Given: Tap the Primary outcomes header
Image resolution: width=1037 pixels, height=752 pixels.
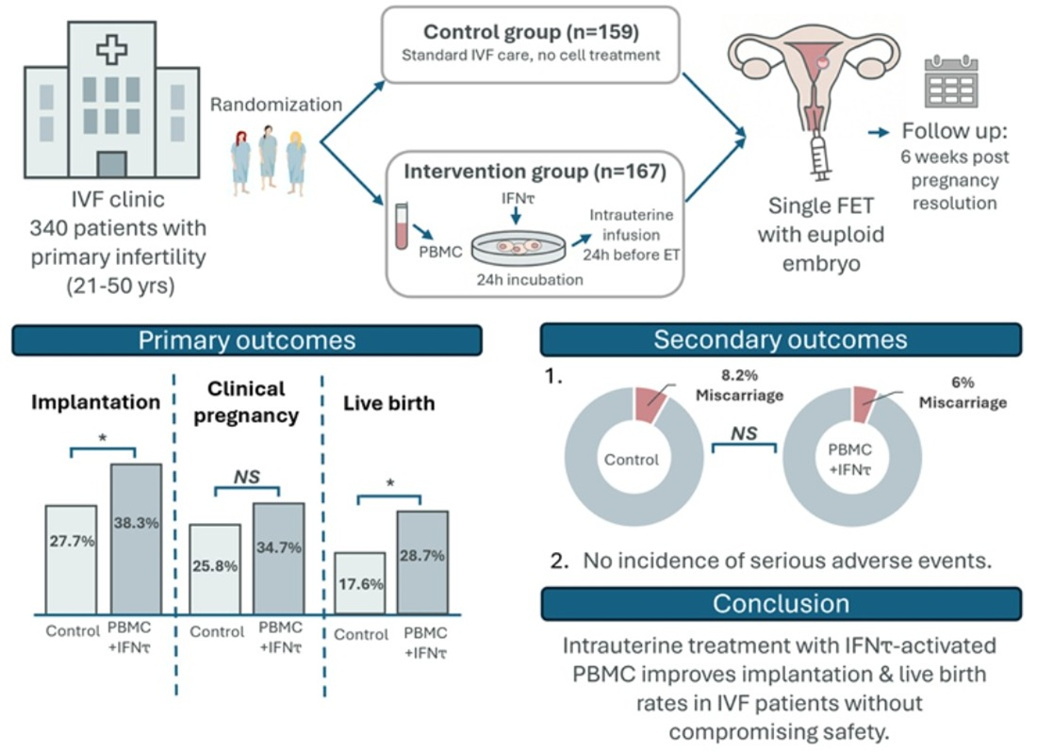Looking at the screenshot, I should pyautogui.click(x=247, y=340).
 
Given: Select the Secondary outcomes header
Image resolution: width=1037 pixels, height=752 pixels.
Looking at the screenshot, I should pyautogui.click(x=781, y=340).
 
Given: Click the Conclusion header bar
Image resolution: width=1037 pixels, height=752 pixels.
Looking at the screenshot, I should pyautogui.click(x=781, y=603).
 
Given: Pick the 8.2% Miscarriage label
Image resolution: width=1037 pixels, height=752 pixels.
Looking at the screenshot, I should pyautogui.click(x=741, y=386).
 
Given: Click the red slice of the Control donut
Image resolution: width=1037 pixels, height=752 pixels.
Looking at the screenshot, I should pyautogui.click(x=650, y=401).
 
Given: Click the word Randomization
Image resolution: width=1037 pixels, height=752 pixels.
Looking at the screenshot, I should pyautogui.click(x=275, y=105).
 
